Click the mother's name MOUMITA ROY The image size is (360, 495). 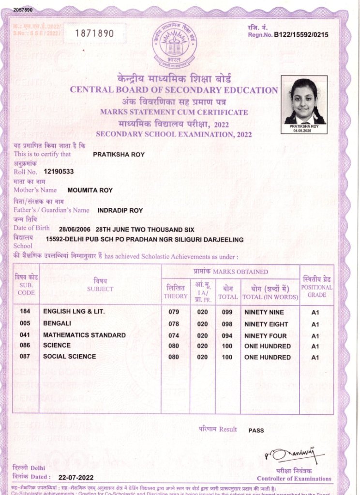90,190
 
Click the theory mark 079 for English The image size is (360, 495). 174,312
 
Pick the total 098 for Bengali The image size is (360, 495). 227,324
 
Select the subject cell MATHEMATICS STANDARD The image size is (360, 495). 84,335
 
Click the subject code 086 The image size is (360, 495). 26,346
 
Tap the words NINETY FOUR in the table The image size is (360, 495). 266,336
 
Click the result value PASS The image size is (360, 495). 256,430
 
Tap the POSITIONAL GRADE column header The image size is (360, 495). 317,287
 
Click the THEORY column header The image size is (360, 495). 175,292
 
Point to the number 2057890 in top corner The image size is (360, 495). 11,9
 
